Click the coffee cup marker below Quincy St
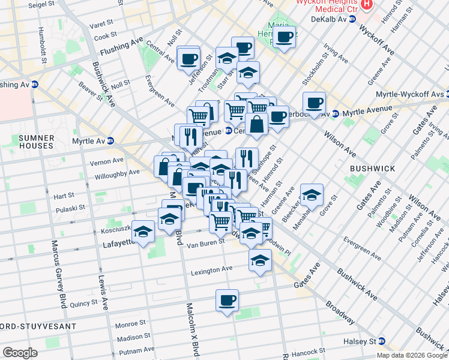(227, 300)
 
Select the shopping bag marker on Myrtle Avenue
(256, 125)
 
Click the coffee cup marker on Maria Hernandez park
(285, 37)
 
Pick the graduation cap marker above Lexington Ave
(260, 260)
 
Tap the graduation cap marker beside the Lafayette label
(143, 232)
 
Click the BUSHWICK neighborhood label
(373, 169)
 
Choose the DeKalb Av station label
(329, 20)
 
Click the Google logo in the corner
(20, 353)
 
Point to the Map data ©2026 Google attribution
(412, 355)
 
